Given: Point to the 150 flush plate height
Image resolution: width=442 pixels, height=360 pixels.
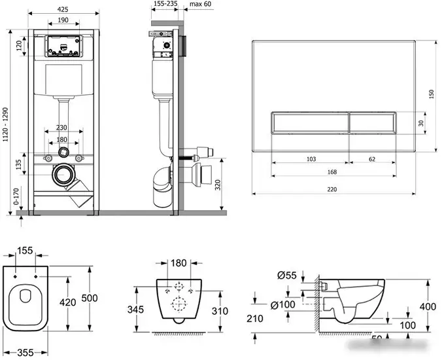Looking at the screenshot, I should pyautogui.click(x=432, y=94).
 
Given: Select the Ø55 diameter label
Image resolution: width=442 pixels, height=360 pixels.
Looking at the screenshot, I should pyautogui.click(x=287, y=276).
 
